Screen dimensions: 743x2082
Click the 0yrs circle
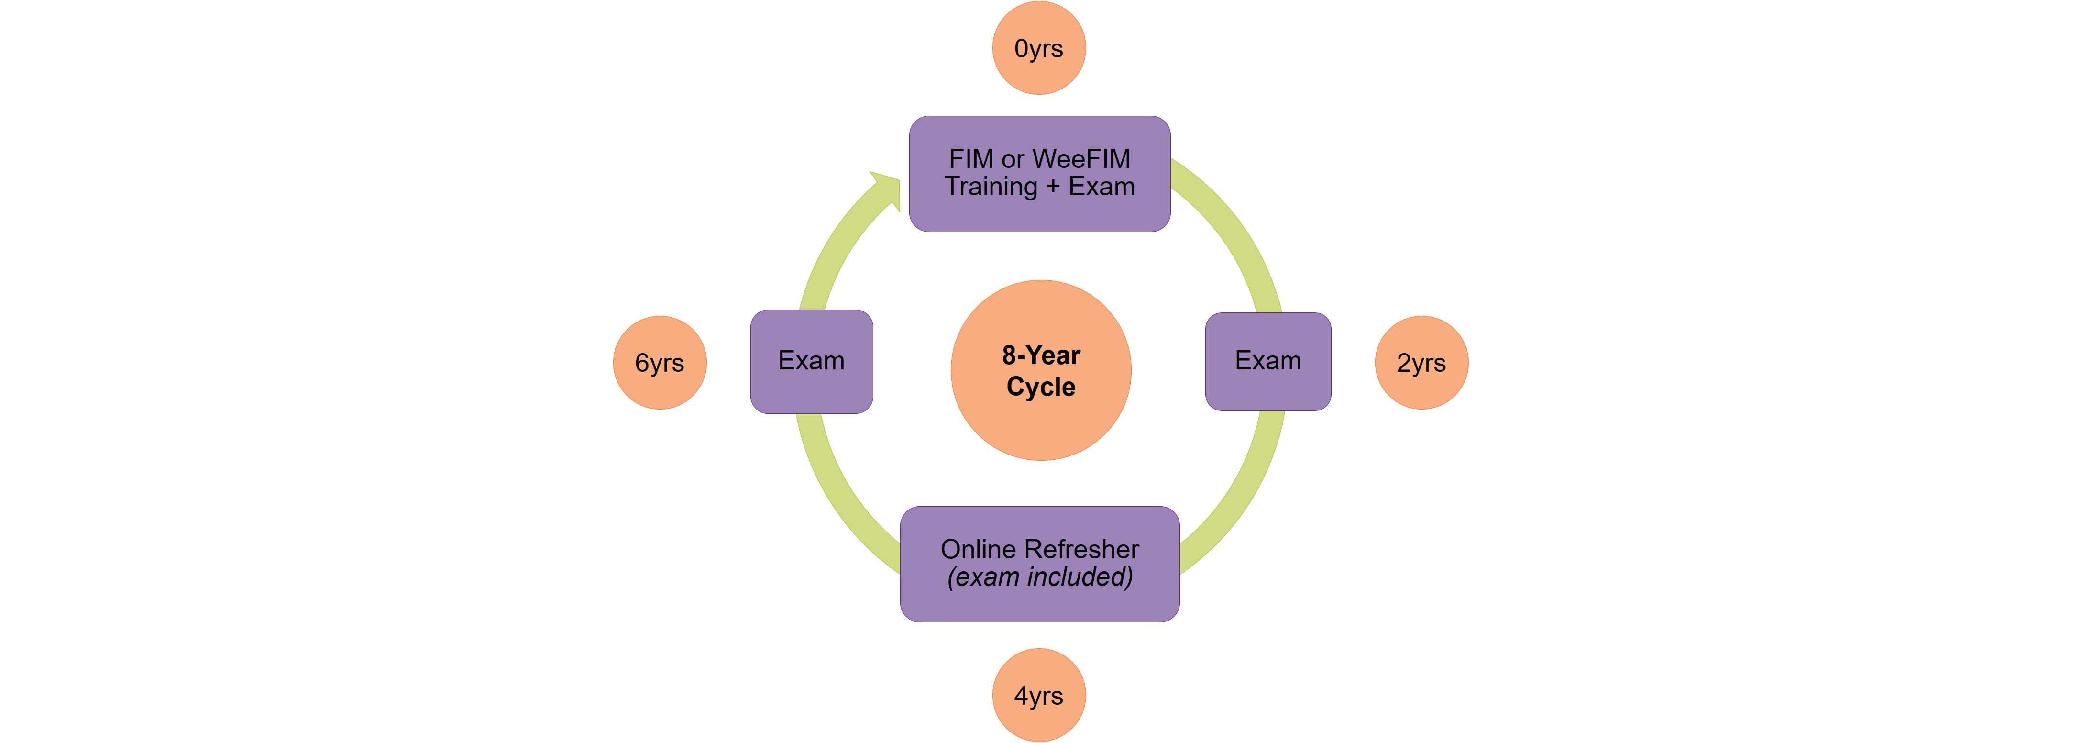(1038, 48)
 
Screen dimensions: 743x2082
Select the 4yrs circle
(1038, 695)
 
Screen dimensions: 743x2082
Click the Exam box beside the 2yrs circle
(1267, 361)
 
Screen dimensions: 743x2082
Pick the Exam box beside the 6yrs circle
(812, 361)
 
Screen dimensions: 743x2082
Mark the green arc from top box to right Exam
(1236, 234)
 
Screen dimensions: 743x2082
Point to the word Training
(991, 187)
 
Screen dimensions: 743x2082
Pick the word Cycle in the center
(1041, 387)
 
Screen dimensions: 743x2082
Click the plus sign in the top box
(1053, 187)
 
